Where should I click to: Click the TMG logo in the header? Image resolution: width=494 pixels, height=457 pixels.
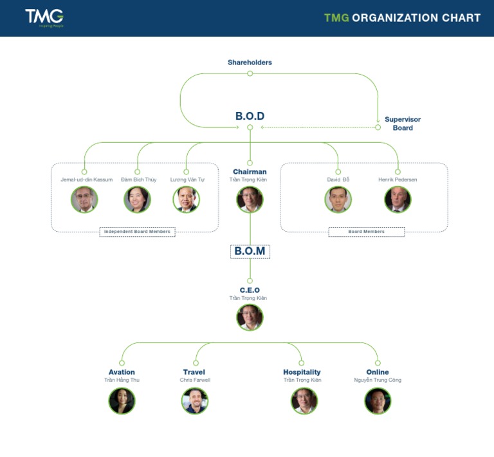point(44,17)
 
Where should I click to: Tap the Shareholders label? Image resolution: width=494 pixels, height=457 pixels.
point(250,62)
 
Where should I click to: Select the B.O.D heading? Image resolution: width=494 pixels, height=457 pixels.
point(250,117)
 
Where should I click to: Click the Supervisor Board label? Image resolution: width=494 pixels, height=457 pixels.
point(403,124)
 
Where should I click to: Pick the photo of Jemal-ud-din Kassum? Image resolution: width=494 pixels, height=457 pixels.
point(84,200)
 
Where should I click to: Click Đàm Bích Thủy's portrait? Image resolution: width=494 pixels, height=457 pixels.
point(137,200)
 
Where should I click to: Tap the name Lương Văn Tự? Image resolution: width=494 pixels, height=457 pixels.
point(187,180)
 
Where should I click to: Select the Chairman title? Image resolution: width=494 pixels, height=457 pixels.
point(250,172)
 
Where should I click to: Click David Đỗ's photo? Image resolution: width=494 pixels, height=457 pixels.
point(338,200)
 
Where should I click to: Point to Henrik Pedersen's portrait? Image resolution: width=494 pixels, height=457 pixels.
point(398,200)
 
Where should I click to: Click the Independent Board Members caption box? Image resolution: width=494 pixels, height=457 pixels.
point(137,232)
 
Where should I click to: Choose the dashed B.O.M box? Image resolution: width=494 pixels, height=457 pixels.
point(250,251)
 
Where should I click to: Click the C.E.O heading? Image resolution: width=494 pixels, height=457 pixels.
point(250,290)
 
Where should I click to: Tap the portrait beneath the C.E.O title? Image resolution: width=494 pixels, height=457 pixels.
point(250,317)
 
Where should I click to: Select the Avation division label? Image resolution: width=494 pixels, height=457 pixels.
point(122,372)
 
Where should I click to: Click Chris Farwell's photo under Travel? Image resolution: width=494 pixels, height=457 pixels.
point(194,400)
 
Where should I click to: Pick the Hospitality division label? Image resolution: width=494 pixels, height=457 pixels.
point(302,372)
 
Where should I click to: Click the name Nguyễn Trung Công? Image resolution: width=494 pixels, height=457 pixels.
point(378,380)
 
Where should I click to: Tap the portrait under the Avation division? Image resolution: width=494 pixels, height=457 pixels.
point(122,400)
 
